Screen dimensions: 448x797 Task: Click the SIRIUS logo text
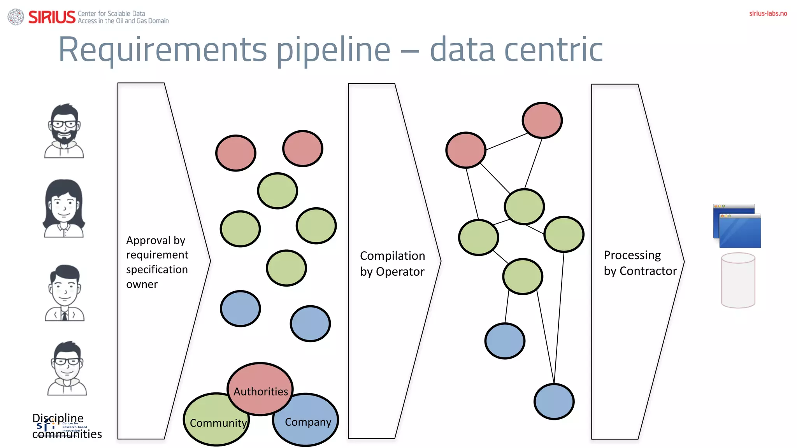point(52,17)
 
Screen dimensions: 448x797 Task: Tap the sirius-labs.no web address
point(768,13)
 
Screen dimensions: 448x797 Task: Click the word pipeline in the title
point(333,50)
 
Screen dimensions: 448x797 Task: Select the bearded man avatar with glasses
point(64,131)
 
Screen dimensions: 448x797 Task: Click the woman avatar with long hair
point(64,209)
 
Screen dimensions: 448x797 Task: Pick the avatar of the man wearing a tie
point(65,293)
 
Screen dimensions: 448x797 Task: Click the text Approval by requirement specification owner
point(157,262)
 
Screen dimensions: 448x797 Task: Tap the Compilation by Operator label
point(392,263)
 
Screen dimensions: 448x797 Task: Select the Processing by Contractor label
point(640,263)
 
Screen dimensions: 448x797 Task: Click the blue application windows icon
point(737,226)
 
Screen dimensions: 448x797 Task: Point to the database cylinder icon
point(738,280)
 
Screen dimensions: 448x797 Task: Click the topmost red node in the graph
point(542,120)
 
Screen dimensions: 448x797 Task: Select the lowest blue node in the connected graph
point(554,401)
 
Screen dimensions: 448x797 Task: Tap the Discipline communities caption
point(67,426)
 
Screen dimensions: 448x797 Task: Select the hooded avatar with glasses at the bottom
point(67,368)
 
